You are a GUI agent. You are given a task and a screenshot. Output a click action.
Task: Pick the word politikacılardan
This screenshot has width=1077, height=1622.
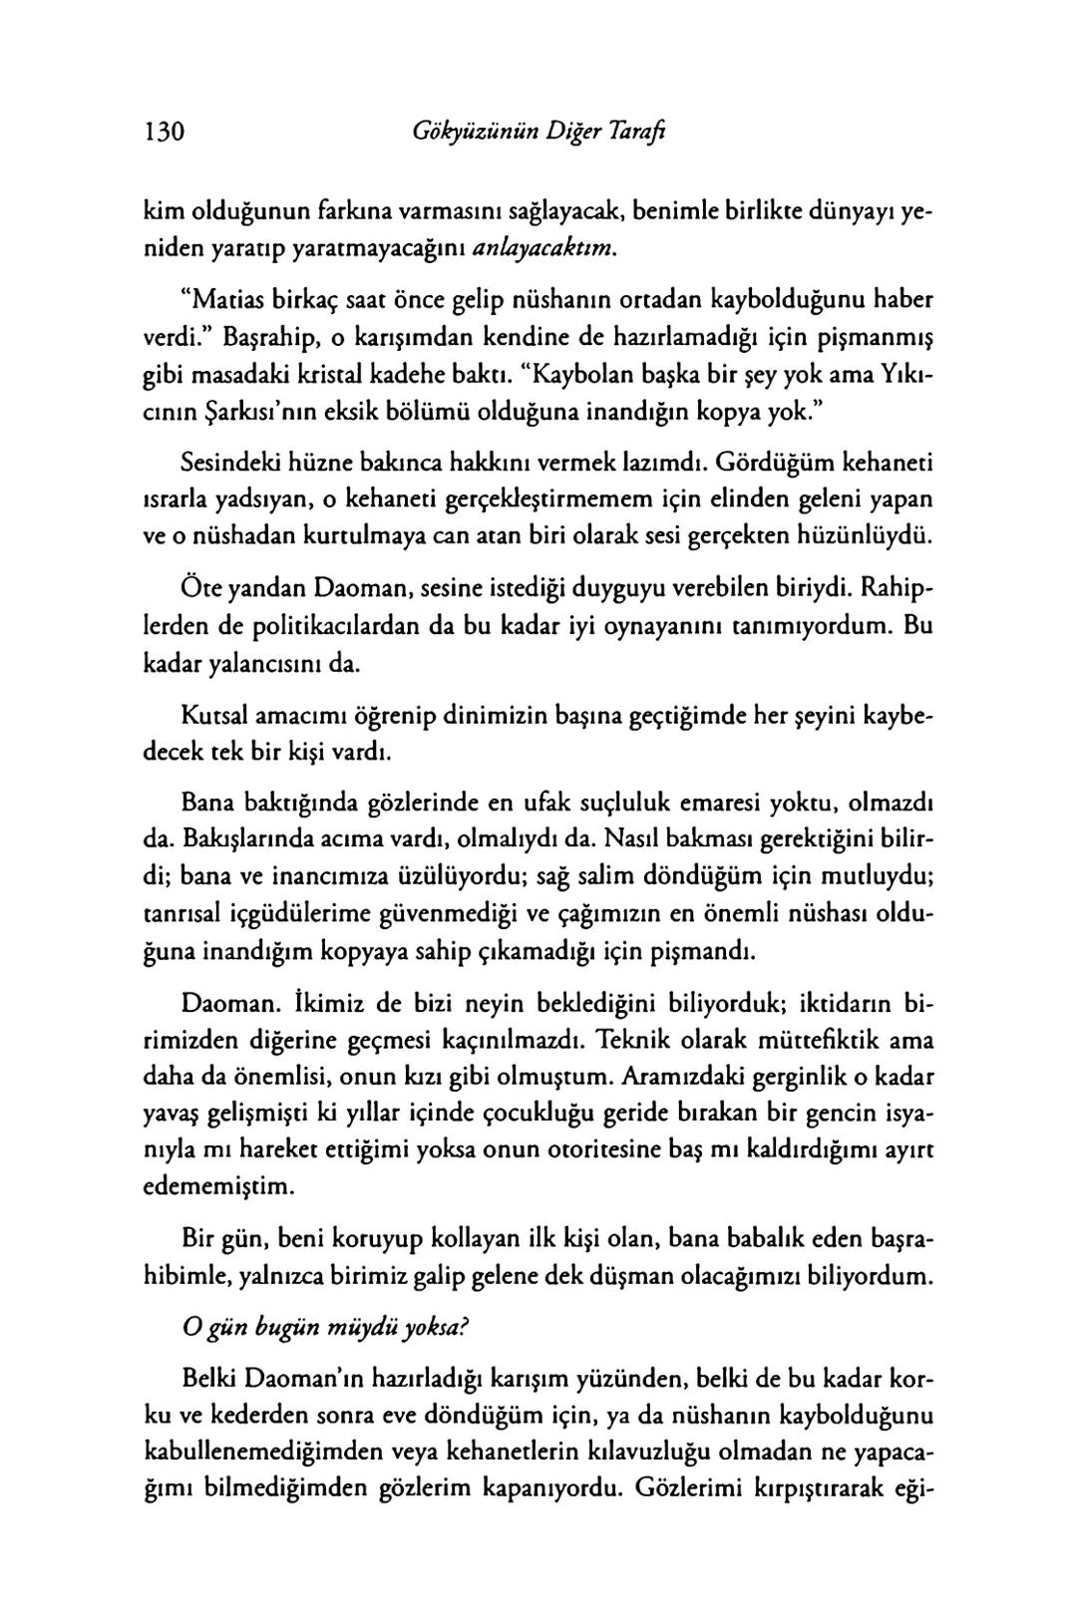314,627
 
